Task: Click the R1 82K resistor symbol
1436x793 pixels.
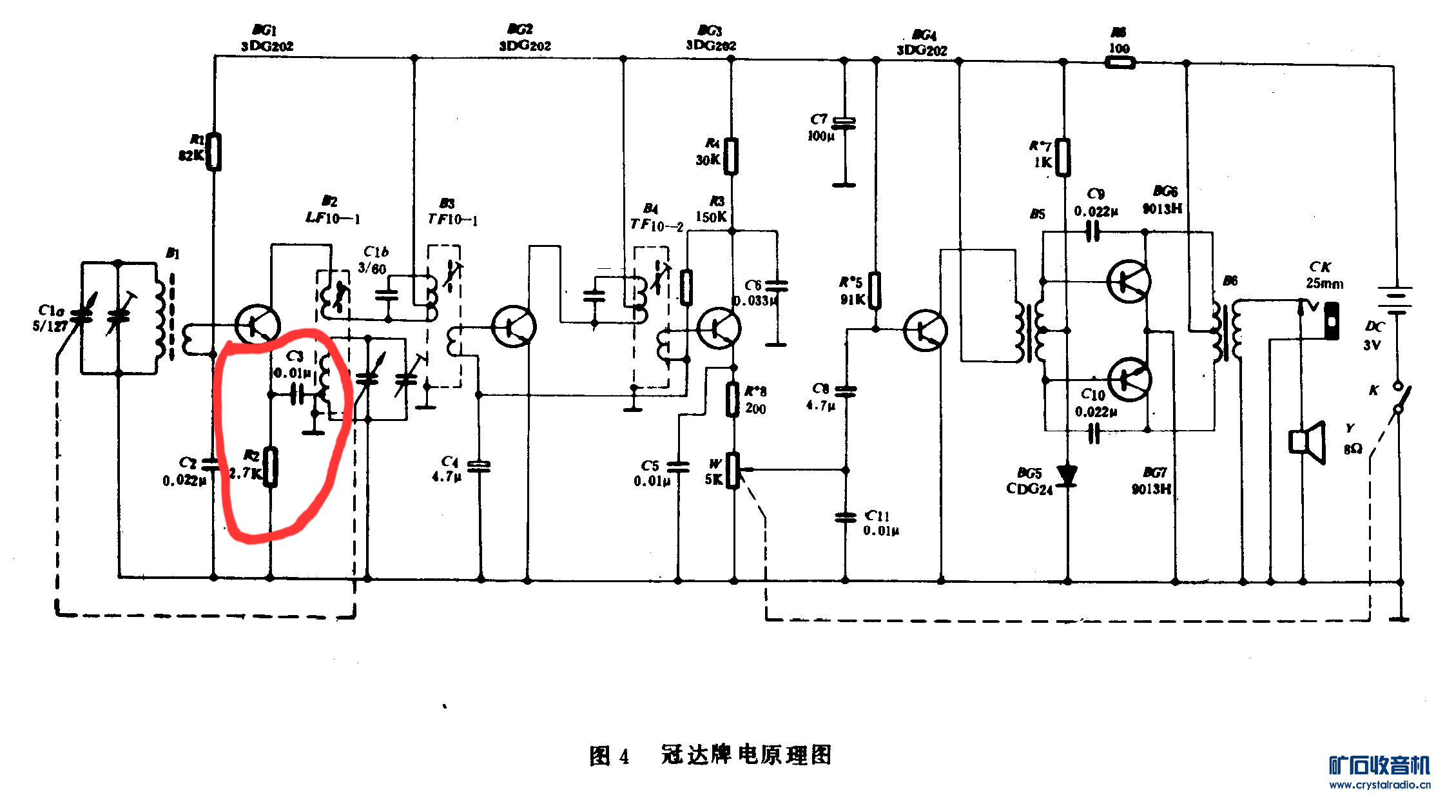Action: pos(213,152)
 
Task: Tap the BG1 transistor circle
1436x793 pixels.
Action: pos(257,326)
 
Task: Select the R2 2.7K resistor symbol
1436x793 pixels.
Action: pos(271,467)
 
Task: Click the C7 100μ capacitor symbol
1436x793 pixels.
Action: pos(844,122)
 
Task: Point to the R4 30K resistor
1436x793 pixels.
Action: pos(731,156)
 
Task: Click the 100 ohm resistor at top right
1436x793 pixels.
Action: pos(1120,63)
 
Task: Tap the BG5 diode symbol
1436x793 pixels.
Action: pos(1067,475)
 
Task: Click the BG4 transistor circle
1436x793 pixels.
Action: pos(925,329)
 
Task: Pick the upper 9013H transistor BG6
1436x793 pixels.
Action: pos(1129,281)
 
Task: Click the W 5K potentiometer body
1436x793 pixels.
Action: pos(733,471)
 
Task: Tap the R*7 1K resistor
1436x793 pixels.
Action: pos(1063,157)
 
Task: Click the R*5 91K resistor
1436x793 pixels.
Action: pos(875,291)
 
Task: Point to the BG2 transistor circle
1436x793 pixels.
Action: pos(514,326)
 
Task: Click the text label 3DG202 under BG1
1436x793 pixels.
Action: pos(267,46)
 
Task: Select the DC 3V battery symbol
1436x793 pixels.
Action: pos(1396,301)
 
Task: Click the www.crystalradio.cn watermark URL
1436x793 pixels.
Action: pos(1379,785)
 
